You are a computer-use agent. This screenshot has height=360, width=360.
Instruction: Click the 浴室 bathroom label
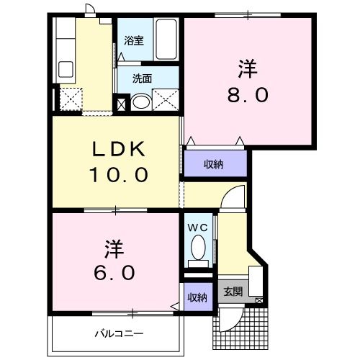point(134,41)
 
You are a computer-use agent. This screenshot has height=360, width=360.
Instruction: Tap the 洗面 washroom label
point(142,78)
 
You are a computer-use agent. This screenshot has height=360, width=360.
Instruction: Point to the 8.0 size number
point(246,94)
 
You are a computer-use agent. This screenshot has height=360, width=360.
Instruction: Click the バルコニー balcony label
point(120,334)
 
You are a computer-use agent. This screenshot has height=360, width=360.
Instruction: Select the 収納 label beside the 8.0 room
point(213,163)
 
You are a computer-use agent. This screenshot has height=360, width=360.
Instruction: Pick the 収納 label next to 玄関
point(197,297)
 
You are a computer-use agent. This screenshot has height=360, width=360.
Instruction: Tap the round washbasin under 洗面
point(142,101)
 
